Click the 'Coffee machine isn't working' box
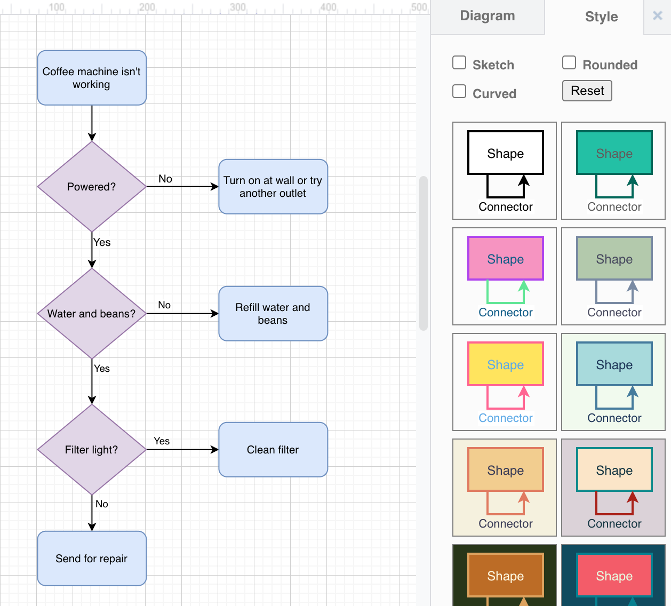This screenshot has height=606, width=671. click(92, 78)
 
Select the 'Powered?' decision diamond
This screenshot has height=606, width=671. click(92, 187)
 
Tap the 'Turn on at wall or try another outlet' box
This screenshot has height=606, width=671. click(273, 187)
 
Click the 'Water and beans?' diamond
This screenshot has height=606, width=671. click(92, 314)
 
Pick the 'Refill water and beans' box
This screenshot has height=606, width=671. click(273, 314)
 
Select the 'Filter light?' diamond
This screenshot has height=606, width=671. click(92, 450)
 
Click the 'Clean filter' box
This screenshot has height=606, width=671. click(273, 450)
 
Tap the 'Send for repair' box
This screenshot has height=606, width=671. click(92, 559)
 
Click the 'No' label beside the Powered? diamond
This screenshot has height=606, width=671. click(165, 179)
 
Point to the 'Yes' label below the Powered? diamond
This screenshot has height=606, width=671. click(102, 242)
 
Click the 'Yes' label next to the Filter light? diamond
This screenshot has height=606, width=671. click(162, 441)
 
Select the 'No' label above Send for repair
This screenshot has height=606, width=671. click(102, 504)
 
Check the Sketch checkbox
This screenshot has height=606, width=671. click(459, 63)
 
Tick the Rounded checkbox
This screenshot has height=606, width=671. click(569, 63)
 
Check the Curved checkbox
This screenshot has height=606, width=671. click(459, 92)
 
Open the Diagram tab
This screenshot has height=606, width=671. click(488, 16)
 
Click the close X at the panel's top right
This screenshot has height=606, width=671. click(658, 15)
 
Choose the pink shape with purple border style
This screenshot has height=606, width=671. click(505, 276)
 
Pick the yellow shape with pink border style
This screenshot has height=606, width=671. click(505, 382)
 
